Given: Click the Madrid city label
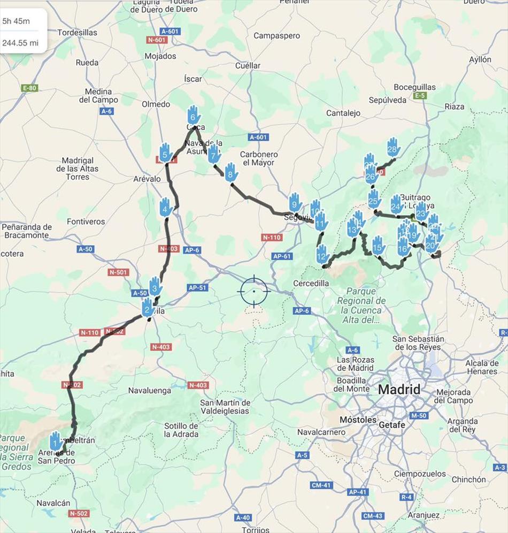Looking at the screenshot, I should [x=399, y=390].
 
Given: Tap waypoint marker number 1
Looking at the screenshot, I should [x=55, y=442].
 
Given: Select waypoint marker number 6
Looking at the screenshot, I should [x=194, y=115].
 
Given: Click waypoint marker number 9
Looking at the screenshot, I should [x=295, y=203].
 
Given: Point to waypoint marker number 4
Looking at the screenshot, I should [x=166, y=207].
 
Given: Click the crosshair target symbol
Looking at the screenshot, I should [x=254, y=291].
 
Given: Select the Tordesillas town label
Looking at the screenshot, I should [x=78, y=33].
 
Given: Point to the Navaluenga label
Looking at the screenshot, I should [x=150, y=391].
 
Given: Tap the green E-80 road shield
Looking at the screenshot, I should [x=29, y=88].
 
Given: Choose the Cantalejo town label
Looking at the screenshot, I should [x=343, y=113].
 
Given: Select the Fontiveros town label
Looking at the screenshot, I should [x=86, y=222].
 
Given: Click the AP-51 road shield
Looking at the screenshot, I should [x=196, y=287].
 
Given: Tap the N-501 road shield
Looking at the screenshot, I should [x=118, y=272].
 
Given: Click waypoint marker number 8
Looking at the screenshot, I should [x=231, y=173].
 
